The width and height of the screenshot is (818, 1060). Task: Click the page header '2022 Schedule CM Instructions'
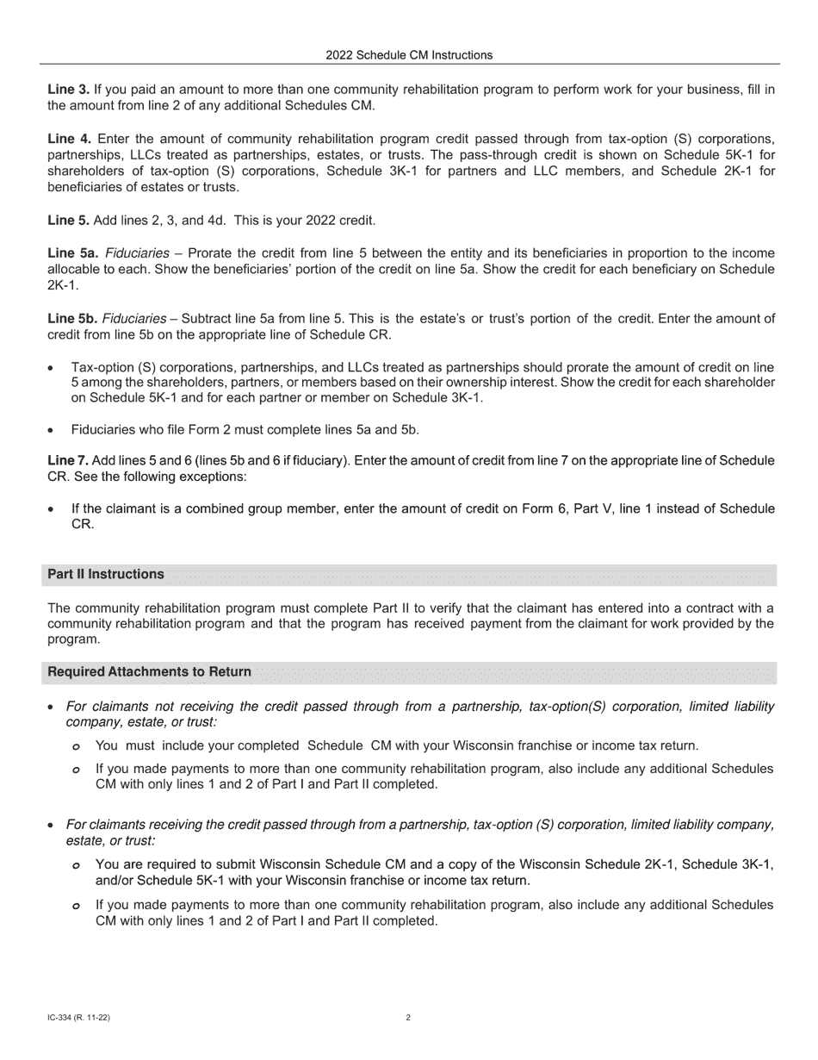pyautogui.click(x=409, y=55)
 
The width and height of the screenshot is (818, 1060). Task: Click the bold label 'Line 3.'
pyautogui.click(x=68, y=90)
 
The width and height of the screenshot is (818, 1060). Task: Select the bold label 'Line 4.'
pyautogui.click(x=68, y=139)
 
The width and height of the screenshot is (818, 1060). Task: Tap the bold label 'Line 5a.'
pyautogui.click(x=72, y=253)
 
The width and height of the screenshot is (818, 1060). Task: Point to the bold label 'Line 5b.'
pyautogui.click(x=72, y=319)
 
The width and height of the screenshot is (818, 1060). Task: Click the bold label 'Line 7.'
pyautogui.click(x=68, y=461)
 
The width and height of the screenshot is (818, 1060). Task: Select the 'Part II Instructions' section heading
pyautogui.click(x=106, y=575)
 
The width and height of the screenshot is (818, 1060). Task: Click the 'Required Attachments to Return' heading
pyautogui.click(x=150, y=672)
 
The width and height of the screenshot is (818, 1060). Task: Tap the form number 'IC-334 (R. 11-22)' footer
pyautogui.click(x=79, y=1018)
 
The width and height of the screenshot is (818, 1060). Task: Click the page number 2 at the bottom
pyautogui.click(x=408, y=1018)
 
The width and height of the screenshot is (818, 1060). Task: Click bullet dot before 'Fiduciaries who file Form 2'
pyautogui.click(x=52, y=429)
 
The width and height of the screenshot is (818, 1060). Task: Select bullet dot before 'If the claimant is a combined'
pyautogui.click(x=52, y=509)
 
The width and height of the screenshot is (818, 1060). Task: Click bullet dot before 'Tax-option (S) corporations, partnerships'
pyautogui.click(x=52, y=367)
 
